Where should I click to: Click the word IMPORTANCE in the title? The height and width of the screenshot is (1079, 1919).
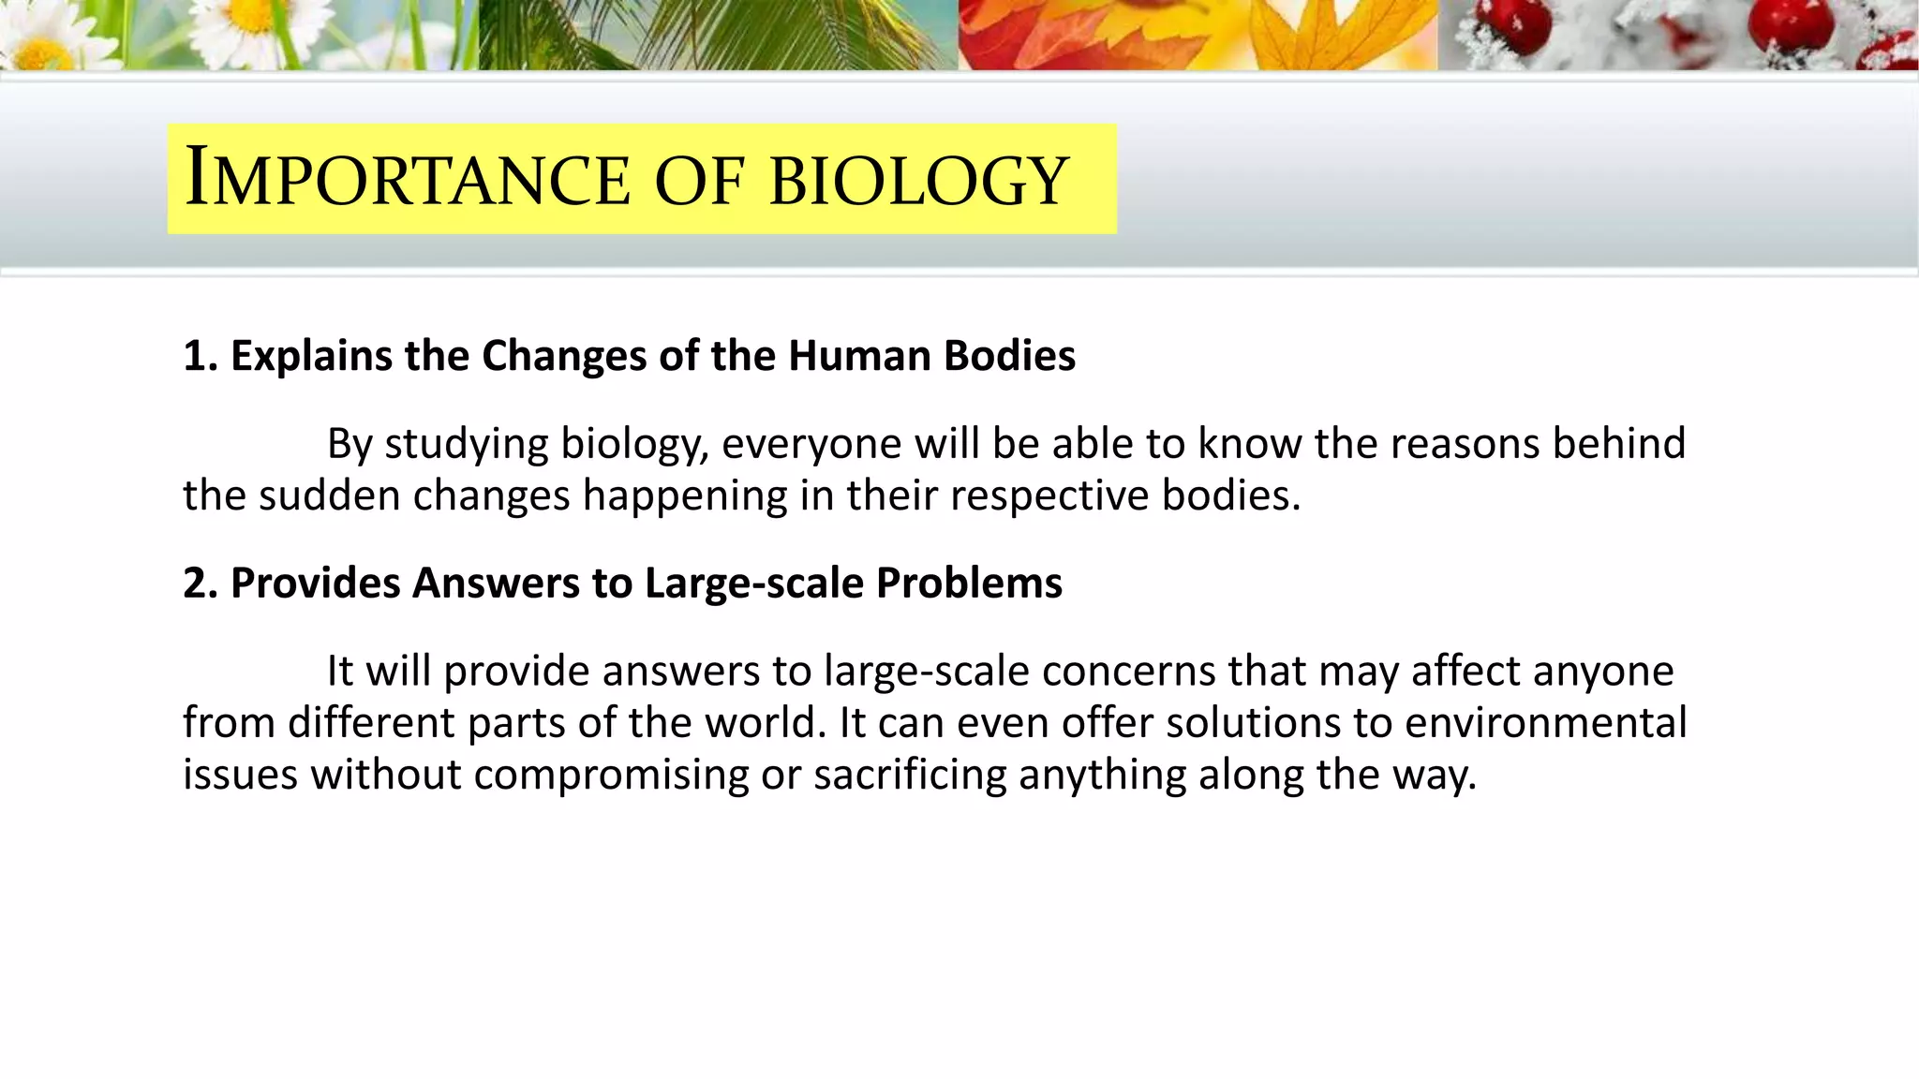[408, 178]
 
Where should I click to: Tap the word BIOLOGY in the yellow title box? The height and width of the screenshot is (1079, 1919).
[918, 178]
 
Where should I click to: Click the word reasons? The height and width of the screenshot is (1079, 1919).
[1465, 444]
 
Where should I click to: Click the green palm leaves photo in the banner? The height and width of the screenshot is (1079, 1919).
[718, 35]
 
